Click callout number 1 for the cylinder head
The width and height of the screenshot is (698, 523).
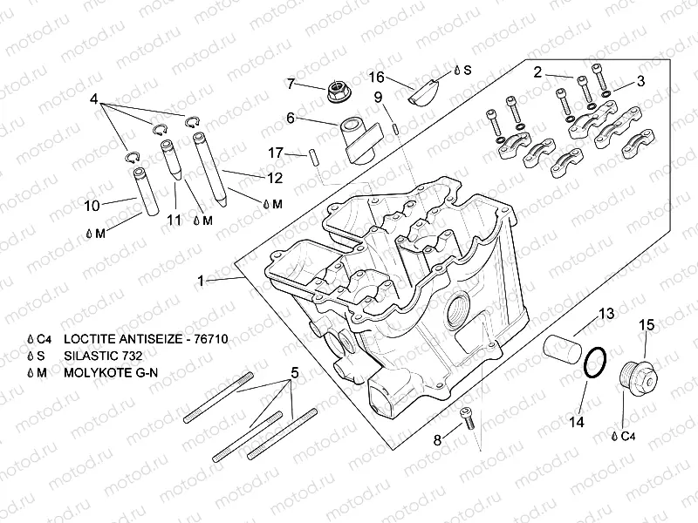[202, 281]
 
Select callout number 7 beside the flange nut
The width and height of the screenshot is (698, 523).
[293, 84]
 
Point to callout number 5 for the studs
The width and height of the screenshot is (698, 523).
[294, 373]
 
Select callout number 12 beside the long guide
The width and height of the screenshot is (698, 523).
[275, 178]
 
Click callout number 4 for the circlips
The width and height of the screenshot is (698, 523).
[93, 98]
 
